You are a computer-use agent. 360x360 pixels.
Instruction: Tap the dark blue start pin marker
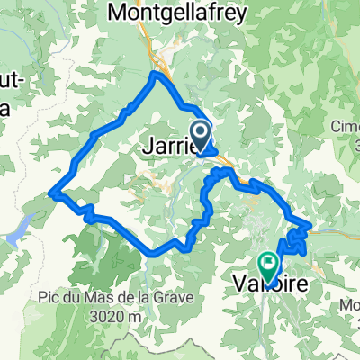click(x=202, y=137)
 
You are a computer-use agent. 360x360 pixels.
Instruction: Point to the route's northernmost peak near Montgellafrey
click(x=157, y=74)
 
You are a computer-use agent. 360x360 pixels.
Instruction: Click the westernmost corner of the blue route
click(x=53, y=193)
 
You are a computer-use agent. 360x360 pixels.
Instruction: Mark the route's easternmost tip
click(x=310, y=224)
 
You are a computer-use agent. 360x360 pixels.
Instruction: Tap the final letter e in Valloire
click(x=303, y=283)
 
